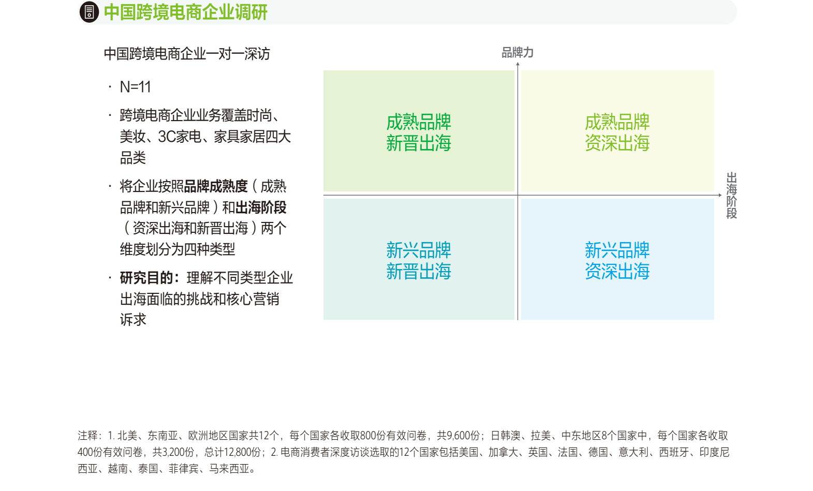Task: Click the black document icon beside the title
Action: pyautogui.click(x=89, y=12)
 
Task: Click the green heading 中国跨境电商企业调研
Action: pyautogui.click(x=185, y=12)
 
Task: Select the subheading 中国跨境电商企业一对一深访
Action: pyautogui.click(x=186, y=54)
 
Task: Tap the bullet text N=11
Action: pyautogui.click(x=135, y=87)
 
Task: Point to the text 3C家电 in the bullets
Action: pyautogui.click(x=180, y=137)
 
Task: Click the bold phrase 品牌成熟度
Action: pyautogui.click(x=216, y=187)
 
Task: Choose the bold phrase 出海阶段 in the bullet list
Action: pyautogui.click(x=261, y=207)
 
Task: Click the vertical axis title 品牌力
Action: pyautogui.click(x=517, y=53)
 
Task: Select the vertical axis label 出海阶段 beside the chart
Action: pyautogui.click(x=731, y=195)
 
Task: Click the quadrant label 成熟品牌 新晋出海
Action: pyautogui.click(x=419, y=132)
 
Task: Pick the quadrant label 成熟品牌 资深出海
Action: pyautogui.click(x=617, y=132)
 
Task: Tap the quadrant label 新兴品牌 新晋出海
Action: pyautogui.click(x=419, y=261)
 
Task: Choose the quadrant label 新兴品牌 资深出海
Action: pyautogui.click(x=617, y=261)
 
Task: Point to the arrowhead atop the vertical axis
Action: pyautogui.click(x=518, y=64)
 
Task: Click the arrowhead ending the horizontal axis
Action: pyautogui.click(x=720, y=195)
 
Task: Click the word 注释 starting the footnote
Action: pyautogui.click(x=87, y=436)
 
